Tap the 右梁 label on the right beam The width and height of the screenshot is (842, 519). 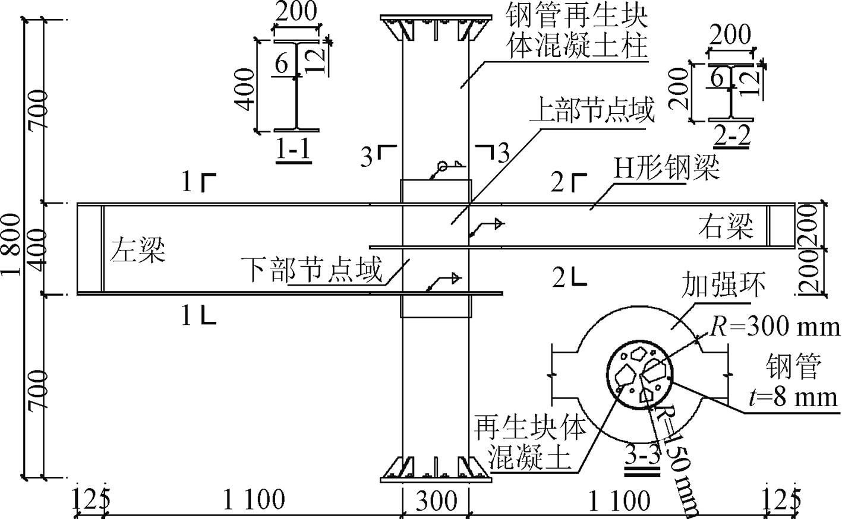click(x=726, y=226)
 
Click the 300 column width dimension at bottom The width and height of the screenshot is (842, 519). click(x=436, y=501)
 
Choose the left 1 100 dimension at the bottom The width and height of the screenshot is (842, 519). click(x=254, y=501)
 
